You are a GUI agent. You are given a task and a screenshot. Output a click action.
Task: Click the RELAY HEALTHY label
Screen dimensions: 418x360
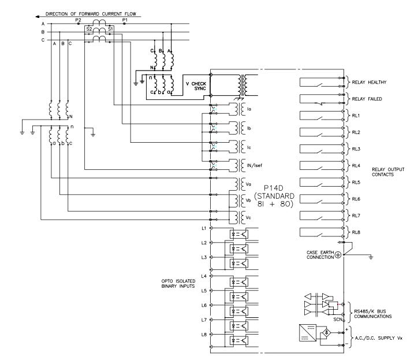click(x=369, y=82)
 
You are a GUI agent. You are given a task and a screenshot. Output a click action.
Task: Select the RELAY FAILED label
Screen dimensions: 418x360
click(x=367, y=99)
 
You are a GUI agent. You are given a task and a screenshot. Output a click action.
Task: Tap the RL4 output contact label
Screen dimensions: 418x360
click(x=356, y=166)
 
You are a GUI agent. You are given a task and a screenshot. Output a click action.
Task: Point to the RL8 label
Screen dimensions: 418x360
click(x=356, y=232)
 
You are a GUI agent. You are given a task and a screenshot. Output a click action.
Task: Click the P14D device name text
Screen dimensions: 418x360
click(x=274, y=188)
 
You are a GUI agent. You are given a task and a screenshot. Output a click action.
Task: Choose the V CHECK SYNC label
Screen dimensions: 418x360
click(x=196, y=86)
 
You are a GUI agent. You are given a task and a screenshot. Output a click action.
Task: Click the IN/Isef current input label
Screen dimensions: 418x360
click(x=254, y=165)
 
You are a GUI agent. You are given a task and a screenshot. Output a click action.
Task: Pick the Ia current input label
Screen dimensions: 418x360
click(x=249, y=109)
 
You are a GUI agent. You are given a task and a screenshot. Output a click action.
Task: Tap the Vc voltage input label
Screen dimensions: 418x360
click(x=248, y=217)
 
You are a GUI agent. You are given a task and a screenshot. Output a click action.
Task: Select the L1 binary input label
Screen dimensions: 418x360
click(x=204, y=228)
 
